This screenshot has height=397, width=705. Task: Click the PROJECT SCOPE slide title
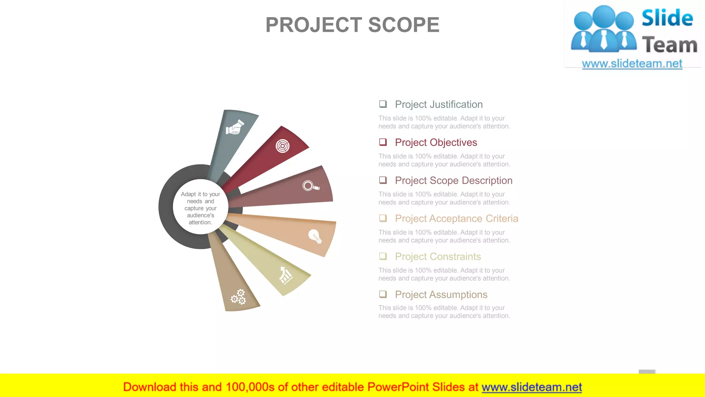[x=352, y=25]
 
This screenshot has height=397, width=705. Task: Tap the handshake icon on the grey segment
[x=235, y=128]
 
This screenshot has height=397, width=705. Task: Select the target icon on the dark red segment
[x=282, y=146]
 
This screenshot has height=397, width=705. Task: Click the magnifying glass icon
[x=311, y=186]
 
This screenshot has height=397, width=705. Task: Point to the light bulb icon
[x=315, y=236]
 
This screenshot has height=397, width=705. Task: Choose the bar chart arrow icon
[x=285, y=275]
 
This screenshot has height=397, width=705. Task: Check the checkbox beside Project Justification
[x=383, y=104]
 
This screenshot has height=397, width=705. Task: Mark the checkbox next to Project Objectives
[x=383, y=142]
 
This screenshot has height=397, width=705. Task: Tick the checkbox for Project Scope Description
[x=383, y=180]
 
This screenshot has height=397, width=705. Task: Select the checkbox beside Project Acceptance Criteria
[x=383, y=218]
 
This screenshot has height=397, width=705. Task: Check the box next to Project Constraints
[x=383, y=256]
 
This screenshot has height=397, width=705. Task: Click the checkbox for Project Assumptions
[x=383, y=294]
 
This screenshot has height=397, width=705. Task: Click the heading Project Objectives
[x=436, y=142]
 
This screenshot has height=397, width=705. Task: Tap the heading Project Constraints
[x=438, y=257]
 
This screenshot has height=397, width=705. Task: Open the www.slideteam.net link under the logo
[x=632, y=64]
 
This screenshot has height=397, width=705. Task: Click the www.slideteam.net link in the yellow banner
[x=532, y=387]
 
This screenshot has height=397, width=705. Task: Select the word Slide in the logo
[x=667, y=18]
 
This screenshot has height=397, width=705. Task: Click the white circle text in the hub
[x=200, y=208]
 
